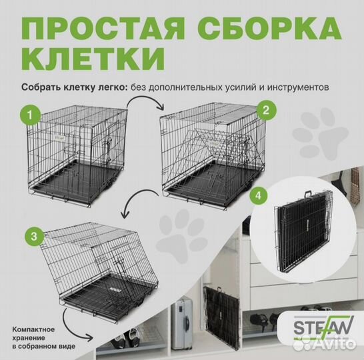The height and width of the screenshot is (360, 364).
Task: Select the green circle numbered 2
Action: tap(267, 109)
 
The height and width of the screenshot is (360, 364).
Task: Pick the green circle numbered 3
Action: tap(30, 235)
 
